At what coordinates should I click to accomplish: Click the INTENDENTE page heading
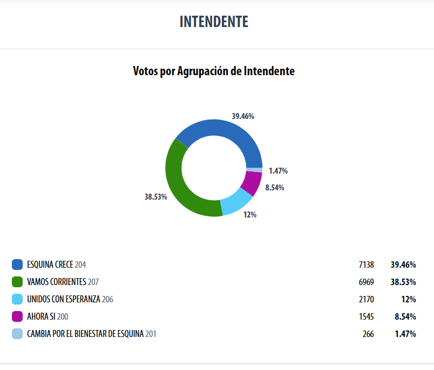214,22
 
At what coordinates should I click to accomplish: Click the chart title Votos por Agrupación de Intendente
214,71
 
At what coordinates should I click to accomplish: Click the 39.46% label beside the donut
243,116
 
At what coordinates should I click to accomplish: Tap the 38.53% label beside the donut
155,197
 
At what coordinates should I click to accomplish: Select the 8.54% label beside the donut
274,188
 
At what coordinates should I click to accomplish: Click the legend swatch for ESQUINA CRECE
17,265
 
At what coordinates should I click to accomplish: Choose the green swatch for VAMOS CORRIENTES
17,282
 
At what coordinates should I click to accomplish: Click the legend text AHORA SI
41,316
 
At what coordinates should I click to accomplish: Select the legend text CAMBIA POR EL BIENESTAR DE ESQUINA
85,334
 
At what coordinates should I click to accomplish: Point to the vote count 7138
366,265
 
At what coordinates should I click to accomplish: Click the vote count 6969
366,282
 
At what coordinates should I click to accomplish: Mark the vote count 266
368,334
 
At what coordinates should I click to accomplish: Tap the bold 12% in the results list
408,299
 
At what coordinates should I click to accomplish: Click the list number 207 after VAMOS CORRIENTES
93,282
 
